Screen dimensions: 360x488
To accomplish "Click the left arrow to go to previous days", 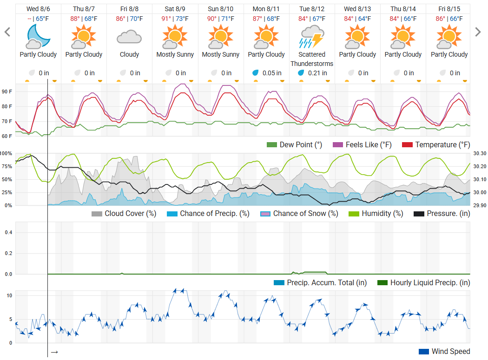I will tap(7, 32).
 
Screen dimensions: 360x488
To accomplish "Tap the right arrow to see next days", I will tap(478, 32).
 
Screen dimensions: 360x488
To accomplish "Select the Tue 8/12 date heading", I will tap(312, 9).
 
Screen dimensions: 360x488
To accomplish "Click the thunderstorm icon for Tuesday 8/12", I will tap(312, 37).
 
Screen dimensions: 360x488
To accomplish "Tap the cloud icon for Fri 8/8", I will tap(129, 37).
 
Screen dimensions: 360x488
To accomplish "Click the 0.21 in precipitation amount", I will tap(317, 73).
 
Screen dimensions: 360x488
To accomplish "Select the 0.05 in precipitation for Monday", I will tap(272, 73).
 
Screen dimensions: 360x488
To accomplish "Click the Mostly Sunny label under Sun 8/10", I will tap(220, 54).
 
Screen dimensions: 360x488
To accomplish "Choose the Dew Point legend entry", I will tap(294, 145).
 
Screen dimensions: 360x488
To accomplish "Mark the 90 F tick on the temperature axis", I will tap(7, 92).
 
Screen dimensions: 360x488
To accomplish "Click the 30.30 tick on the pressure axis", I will tap(479, 153).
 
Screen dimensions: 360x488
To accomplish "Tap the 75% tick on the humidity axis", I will tap(7, 166).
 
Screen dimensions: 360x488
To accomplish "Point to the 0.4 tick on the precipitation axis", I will tap(8, 232).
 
